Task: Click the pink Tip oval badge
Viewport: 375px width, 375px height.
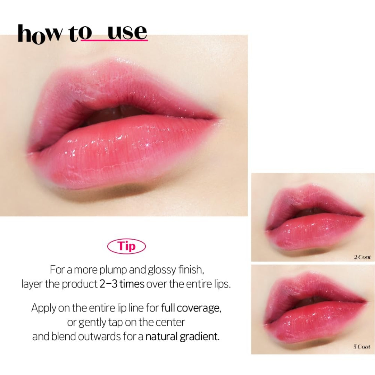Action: (126, 247)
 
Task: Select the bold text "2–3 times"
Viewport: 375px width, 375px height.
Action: (122, 284)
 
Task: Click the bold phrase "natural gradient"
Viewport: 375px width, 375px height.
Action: (183, 336)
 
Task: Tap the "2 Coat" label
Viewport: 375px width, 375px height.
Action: (362, 257)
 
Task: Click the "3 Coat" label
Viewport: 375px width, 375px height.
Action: (362, 347)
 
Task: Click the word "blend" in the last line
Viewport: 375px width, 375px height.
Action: (64, 336)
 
